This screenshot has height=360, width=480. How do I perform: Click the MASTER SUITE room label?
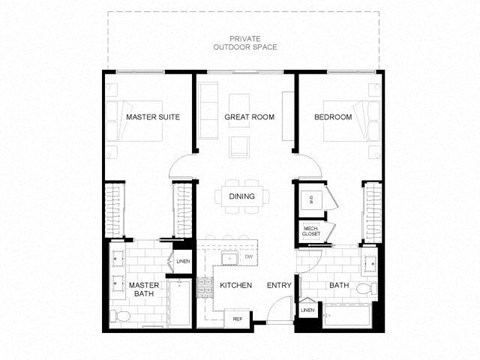point(152,117)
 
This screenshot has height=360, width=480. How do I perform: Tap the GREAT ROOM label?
point(249,117)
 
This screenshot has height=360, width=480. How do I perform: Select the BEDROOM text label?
point(333,117)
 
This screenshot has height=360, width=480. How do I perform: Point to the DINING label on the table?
point(241,196)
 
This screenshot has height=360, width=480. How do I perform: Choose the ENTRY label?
point(277,285)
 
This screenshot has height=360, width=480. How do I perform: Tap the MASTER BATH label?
point(145,289)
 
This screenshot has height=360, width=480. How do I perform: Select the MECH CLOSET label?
point(311,232)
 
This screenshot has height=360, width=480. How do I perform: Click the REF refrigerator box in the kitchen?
point(238,318)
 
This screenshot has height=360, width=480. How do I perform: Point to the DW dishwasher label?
point(247,258)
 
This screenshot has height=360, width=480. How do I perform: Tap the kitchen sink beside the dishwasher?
point(228,258)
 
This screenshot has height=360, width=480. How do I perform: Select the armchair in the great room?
point(240,148)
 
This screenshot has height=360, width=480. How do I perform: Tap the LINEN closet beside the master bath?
point(182,262)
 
